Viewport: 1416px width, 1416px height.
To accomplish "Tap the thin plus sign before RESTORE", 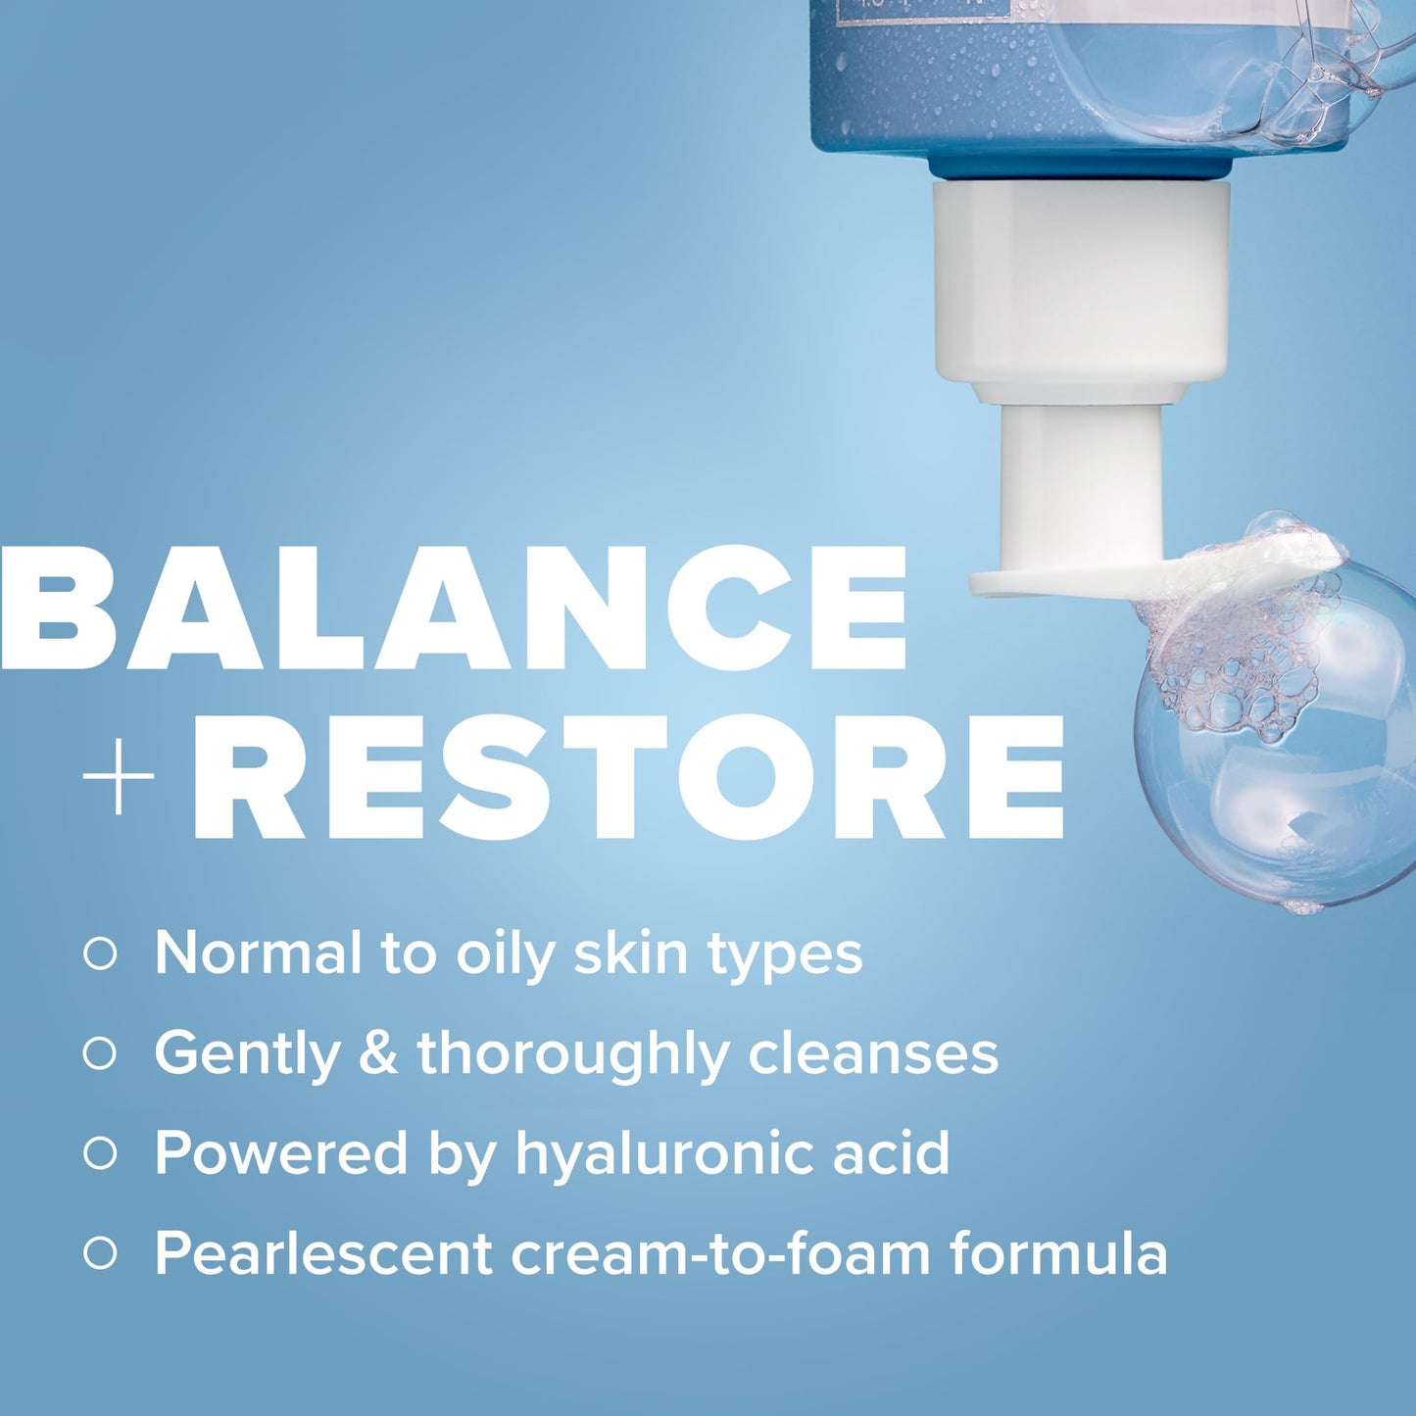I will tap(119, 777).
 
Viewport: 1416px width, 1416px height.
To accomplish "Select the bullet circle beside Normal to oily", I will tap(100, 952).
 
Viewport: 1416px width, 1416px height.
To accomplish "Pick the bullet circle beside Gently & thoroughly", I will tap(100, 1053).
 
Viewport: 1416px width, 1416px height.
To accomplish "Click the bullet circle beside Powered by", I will tap(100, 1153).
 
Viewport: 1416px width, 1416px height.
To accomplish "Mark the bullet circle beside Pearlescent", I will tap(100, 1253).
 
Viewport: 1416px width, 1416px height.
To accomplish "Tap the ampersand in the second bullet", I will tap(378, 1053).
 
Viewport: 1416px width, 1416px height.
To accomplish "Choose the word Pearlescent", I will tap(323, 1253).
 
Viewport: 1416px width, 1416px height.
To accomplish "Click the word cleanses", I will tap(873, 1053).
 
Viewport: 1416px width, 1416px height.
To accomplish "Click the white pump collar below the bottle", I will tap(1081, 284).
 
